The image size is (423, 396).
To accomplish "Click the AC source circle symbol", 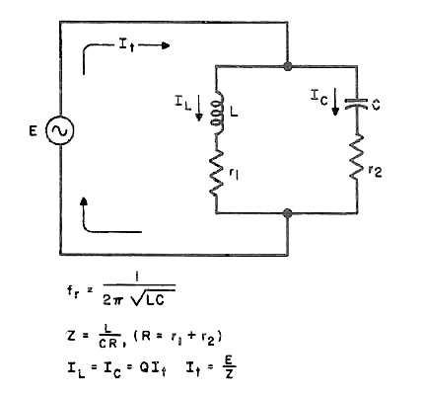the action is click(60, 130).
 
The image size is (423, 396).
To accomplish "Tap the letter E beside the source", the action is click(33, 131).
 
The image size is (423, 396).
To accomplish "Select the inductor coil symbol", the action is click(217, 113).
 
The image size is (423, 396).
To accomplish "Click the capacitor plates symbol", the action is click(356, 104).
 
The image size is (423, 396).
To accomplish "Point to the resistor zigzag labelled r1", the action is click(216, 173).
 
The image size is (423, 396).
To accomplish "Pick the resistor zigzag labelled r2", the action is click(357, 157).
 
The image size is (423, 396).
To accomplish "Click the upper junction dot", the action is click(288, 66).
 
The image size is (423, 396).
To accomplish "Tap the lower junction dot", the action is click(288, 213).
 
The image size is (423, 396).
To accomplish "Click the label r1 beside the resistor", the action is click(234, 173).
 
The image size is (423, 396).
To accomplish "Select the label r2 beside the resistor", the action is click(375, 171).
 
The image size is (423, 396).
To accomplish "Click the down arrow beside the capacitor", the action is click(335, 102).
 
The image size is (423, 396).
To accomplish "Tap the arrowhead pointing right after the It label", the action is click(166, 45).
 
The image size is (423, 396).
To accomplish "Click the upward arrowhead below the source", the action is click(85, 200).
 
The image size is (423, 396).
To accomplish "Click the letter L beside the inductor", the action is click(234, 113).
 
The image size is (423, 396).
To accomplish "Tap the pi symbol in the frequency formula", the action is click(117, 300).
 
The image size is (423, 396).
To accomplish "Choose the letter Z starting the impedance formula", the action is click(71, 336).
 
